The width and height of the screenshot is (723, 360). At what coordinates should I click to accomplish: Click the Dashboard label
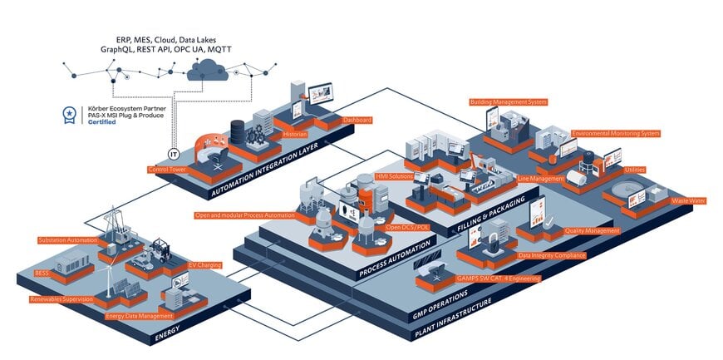coord(357,120)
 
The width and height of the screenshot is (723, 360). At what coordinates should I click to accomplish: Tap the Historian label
coord(295,134)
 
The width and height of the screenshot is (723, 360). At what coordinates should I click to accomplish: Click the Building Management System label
coord(508,102)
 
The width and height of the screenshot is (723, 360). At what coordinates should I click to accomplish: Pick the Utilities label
coord(635,170)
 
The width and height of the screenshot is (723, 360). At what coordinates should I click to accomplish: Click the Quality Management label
coord(592,230)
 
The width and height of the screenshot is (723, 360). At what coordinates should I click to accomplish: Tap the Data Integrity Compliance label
coord(552,254)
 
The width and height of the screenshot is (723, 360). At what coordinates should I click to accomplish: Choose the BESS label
coord(42,272)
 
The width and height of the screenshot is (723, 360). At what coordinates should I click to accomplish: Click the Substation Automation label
coord(68,240)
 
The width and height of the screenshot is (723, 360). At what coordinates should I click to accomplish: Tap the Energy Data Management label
coord(139,316)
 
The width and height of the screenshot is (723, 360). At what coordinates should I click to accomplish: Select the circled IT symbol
coord(174,154)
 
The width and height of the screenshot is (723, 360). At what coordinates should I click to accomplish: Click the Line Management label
coord(541,179)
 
